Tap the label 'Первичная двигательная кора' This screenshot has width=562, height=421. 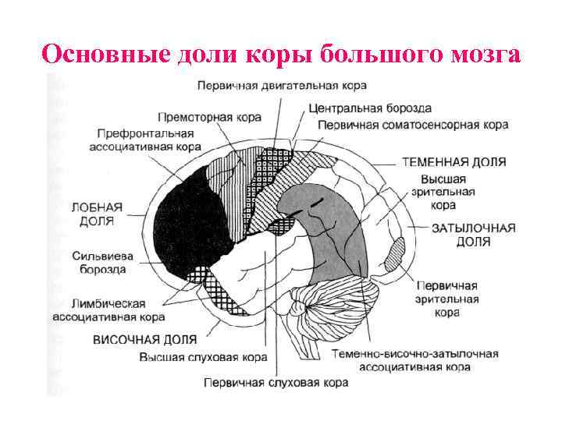(282, 84)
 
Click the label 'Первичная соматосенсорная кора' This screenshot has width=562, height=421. (413, 124)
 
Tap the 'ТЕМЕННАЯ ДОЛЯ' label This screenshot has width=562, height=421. (454, 162)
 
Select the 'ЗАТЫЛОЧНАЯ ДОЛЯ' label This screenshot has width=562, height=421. (474, 235)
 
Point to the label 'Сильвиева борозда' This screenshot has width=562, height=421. (99, 262)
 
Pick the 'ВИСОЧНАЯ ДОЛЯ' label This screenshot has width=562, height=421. (144, 340)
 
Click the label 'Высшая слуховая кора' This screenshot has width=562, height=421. (204, 357)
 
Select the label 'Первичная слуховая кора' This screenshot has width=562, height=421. (276, 383)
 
